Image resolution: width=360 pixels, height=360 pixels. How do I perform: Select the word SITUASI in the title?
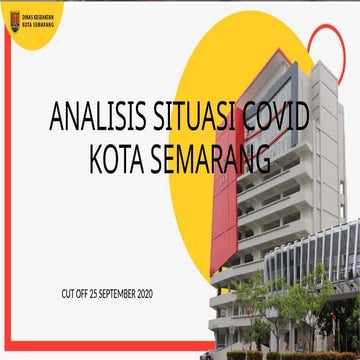pos(196,117)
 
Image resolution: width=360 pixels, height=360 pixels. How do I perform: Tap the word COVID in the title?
pos(279,117)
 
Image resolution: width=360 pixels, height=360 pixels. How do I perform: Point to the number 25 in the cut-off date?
pos(91,293)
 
